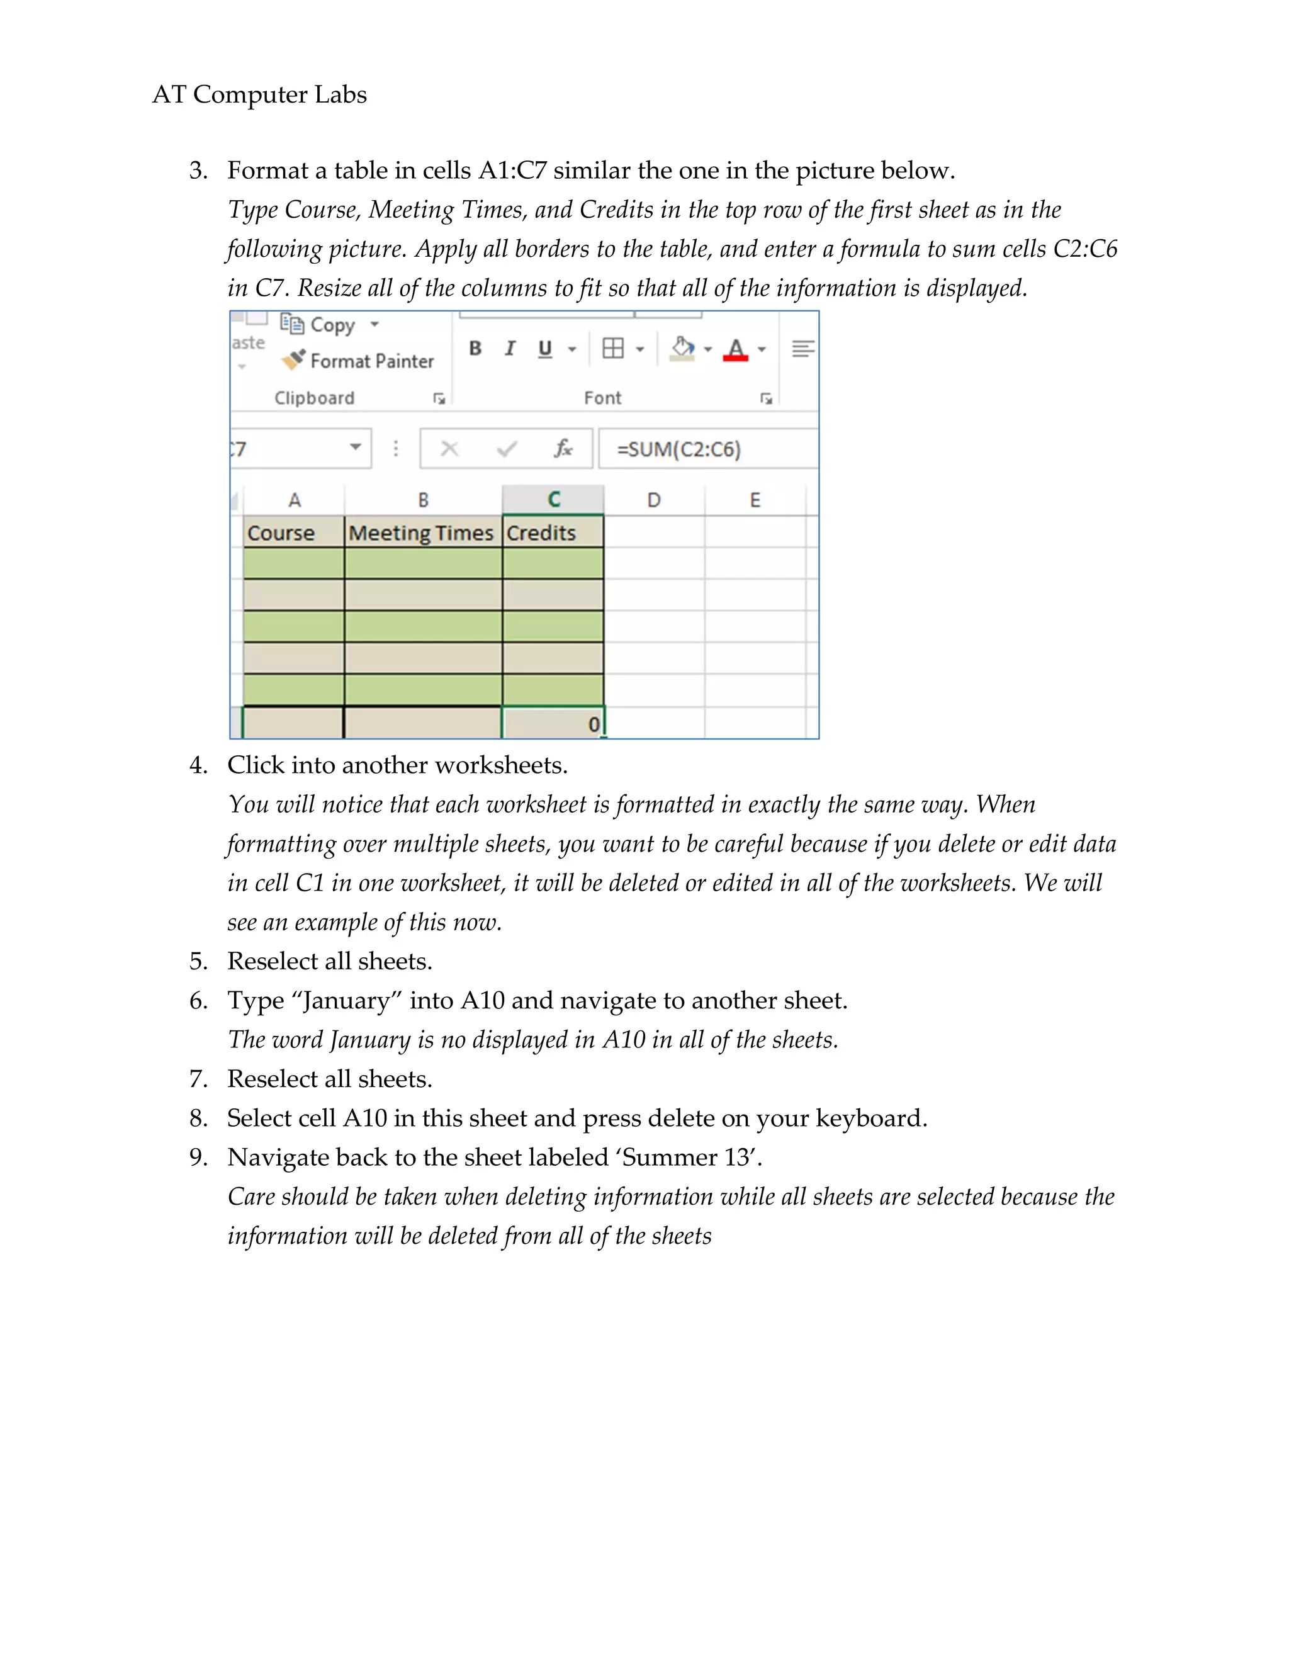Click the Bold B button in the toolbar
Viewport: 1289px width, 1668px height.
(x=475, y=349)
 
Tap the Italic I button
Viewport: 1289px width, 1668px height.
(x=510, y=349)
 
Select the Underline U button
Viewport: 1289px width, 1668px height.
(x=544, y=349)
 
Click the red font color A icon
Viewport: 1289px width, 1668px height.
(x=735, y=350)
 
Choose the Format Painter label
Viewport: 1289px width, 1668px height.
(x=371, y=361)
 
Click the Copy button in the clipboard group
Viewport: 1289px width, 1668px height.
(x=332, y=325)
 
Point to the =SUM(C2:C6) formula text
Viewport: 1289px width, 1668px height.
(x=679, y=449)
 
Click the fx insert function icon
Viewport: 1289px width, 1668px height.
(x=563, y=448)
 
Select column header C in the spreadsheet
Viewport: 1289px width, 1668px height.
(x=554, y=500)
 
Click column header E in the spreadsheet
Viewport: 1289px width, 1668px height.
(x=755, y=500)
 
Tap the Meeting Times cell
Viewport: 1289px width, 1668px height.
(x=422, y=533)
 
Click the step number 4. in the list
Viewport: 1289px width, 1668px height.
(x=198, y=765)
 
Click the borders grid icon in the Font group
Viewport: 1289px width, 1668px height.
(x=612, y=349)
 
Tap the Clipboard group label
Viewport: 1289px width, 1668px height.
(x=314, y=398)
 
